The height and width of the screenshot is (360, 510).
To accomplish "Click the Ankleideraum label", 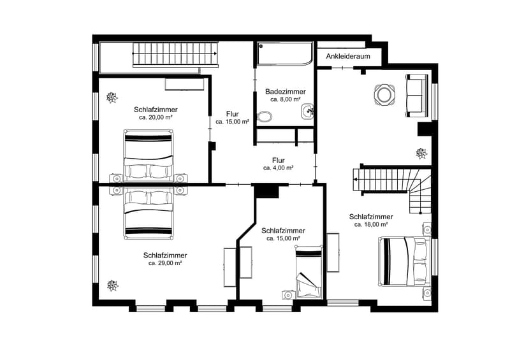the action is pyautogui.click(x=348, y=56).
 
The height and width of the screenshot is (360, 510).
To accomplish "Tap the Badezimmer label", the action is pyautogui.click(x=285, y=92).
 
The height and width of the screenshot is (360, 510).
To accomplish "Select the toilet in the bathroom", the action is pyautogui.click(x=265, y=117).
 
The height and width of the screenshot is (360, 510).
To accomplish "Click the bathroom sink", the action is pyautogui.click(x=307, y=112).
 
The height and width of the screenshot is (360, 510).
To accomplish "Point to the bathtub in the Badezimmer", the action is pyautogui.click(x=284, y=54).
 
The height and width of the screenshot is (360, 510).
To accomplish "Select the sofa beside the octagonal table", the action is pyautogui.click(x=416, y=96).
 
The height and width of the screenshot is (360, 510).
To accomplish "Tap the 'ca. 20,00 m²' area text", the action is pyautogui.click(x=156, y=117).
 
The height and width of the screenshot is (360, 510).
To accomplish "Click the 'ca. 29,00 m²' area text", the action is pyautogui.click(x=165, y=263).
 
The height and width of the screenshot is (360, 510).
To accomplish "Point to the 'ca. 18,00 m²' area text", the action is pyautogui.click(x=371, y=224).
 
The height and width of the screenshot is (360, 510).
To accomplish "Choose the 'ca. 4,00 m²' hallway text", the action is pyautogui.click(x=279, y=168).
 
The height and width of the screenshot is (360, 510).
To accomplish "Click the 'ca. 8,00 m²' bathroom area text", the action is pyautogui.click(x=285, y=99).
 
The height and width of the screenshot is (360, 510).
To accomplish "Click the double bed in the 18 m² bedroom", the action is pyautogui.click(x=402, y=261).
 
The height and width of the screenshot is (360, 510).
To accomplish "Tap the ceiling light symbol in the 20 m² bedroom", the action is pyautogui.click(x=112, y=97).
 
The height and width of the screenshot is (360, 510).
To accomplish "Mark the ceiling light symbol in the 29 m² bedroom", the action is pyautogui.click(x=113, y=286).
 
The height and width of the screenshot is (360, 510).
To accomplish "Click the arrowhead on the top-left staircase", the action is pyautogui.click(x=215, y=54).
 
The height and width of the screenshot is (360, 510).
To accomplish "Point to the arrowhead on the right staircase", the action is pyautogui.click(x=356, y=179).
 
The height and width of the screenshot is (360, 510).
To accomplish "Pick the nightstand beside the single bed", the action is pyautogui.click(x=288, y=294).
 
